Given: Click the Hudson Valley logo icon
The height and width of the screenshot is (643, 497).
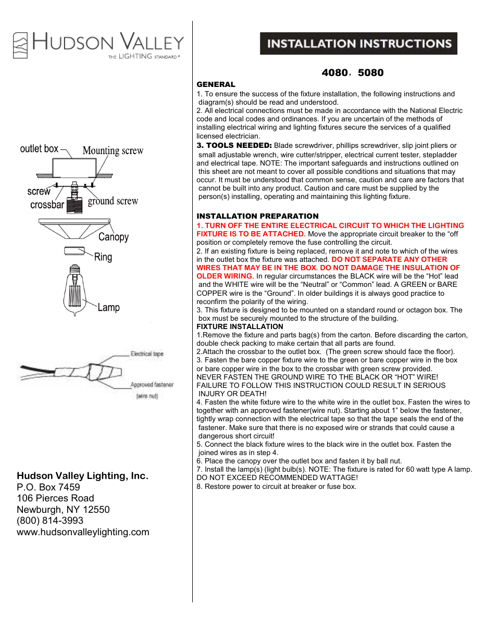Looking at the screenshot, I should pos(20,45).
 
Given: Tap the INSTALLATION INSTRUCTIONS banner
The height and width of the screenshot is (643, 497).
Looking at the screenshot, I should pos(358,44).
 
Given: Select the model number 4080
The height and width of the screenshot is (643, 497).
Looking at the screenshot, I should pos(334,73).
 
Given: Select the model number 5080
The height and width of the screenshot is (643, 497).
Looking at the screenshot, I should pos(370,73).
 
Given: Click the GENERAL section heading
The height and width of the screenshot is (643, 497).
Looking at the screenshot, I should pos(216,84).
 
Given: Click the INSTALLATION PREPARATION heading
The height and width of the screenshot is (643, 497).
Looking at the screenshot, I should pos(257,216).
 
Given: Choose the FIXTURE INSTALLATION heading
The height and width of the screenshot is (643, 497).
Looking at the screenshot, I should pos(240,326).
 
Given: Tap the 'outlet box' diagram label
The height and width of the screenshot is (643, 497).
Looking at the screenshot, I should pos(39,149).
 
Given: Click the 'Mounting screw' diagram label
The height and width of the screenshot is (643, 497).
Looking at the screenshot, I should pos(113,150).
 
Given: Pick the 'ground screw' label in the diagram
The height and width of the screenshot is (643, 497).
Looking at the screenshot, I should pos(113,201).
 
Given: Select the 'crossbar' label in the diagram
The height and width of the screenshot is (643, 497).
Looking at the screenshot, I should pos(47,205).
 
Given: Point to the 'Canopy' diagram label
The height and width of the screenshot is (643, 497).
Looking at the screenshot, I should pos(113,237).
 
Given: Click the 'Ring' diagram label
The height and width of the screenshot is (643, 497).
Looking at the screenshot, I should pos(103,257).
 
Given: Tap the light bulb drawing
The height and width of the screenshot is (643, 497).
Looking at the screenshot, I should pos(75,292).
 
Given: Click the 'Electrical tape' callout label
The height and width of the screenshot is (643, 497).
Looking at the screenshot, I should pos(147,354).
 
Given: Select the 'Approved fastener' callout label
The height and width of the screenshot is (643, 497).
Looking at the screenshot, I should pos(152,385).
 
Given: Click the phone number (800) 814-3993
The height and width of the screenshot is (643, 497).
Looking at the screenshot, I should pos(50,521).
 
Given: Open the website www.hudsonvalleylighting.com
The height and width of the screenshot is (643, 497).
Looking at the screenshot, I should pos(83,532).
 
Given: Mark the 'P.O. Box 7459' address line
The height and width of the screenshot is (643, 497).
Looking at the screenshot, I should pos(48,487).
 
